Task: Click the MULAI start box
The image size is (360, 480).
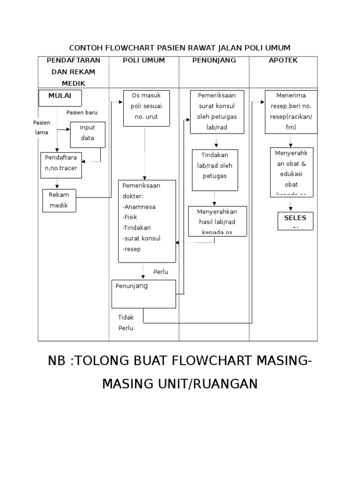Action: point(60,98)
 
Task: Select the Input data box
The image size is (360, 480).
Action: point(87,133)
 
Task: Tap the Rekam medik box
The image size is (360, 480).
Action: point(59,201)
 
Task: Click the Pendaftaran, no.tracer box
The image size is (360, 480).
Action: point(61,165)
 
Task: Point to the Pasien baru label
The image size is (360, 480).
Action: point(82,112)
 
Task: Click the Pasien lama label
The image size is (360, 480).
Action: point(41,127)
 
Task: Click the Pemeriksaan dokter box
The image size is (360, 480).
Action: point(147,221)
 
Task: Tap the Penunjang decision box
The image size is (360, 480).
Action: point(144,293)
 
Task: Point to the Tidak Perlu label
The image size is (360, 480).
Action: point(126,322)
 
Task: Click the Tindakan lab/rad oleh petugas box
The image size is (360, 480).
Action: point(215,170)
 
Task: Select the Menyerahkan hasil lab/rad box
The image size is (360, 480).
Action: point(217,221)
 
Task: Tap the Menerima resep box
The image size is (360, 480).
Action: point(291,111)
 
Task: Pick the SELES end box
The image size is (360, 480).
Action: point(295,221)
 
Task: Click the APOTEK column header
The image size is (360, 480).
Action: point(283,60)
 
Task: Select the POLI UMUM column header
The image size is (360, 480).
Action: point(144,60)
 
